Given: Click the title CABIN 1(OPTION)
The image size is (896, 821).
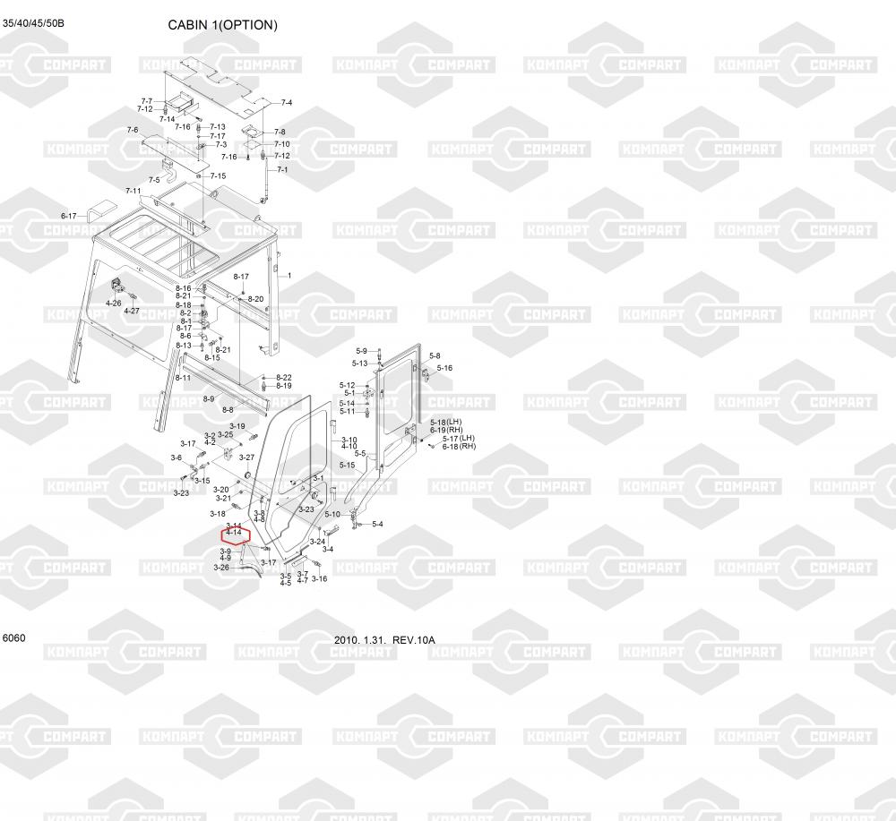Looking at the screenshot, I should (222, 25).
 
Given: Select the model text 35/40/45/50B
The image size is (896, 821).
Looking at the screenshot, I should (33, 22).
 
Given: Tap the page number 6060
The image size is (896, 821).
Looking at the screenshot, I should (14, 638).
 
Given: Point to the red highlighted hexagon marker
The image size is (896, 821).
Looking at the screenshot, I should (235, 538).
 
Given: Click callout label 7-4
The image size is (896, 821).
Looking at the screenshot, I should (286, 103).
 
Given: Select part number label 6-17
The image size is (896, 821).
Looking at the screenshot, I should (69, 216).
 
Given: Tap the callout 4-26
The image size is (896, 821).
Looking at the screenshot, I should (114, 304).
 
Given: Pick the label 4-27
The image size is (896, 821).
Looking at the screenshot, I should (132, 311).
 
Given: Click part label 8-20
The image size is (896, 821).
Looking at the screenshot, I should (255, 298).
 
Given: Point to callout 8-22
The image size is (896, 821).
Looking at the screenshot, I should (284, 377).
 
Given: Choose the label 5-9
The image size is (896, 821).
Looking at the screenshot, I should (362, 351).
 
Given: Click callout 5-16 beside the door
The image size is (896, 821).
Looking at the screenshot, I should (444, 368).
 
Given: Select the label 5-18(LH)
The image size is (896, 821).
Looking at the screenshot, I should (445, 422).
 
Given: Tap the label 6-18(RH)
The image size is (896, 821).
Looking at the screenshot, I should (459, 446).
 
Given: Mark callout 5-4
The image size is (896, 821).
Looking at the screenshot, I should (377, 524).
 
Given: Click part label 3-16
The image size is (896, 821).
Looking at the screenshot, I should (320, 578).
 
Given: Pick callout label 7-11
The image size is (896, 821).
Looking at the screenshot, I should (134, 191).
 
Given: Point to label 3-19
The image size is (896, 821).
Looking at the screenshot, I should (237, 426).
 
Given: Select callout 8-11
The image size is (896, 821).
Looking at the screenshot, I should (184, 378).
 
